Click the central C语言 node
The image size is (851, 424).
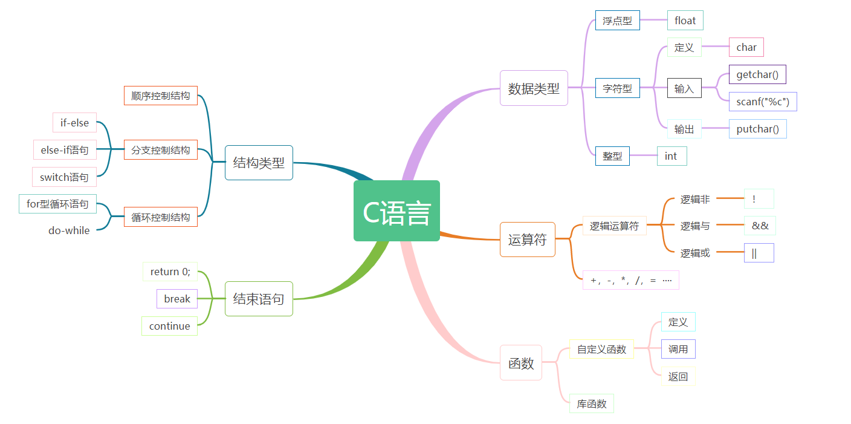click(x=396, y=211)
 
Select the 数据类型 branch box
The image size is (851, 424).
click(x=534, y=88)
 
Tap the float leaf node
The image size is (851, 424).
click(x=685, y=21)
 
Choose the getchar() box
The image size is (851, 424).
click(x=757, y=74)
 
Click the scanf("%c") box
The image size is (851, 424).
click(x=763, y=102)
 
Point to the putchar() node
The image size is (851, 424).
click(x=757, y=129)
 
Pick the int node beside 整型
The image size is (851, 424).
click(x=671, y=156)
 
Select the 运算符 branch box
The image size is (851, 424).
click(x=527, y=240)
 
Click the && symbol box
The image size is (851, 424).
click(x=760, y=226)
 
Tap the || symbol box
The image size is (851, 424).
click(x=759, y=253)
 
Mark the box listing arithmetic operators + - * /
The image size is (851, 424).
click(x=630, y=280)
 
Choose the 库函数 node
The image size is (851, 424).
click(x=591, y=403)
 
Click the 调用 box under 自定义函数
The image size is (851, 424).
click(x=678, y=349)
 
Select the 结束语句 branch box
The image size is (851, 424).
click(x=259, y=299)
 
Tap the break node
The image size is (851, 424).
click(x=177, y=299)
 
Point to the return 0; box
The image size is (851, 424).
click(x=170, y=272)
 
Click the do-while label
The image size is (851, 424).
click(x=69, y=230)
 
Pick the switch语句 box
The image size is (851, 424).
click(x=64, y=177)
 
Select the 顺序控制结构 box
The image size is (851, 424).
click(x=161, y=96)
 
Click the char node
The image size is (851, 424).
click(x=746, y=47)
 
